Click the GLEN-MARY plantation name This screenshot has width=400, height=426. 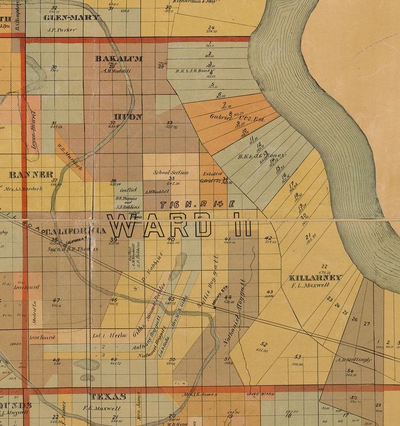72,18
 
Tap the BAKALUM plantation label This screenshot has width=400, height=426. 119,58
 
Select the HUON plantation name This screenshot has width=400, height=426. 127,117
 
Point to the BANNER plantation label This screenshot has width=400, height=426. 31,175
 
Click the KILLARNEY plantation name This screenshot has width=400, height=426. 315,278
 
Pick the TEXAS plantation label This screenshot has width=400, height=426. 107,397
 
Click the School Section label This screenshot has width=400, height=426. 171,172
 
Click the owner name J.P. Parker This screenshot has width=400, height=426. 61,30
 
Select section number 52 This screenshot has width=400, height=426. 263,344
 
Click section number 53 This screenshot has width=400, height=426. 298,356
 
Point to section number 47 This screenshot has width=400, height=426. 56,300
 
